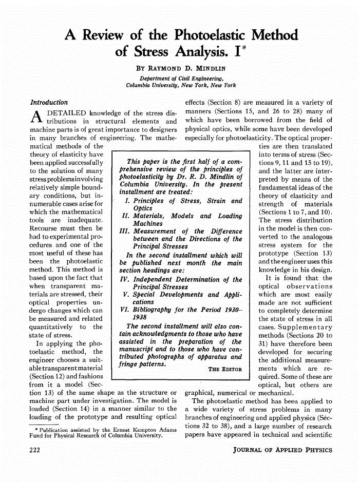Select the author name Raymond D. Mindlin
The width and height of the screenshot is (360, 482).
click(x=182, y=68)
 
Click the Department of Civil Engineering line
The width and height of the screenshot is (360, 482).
click(x=182, y=78)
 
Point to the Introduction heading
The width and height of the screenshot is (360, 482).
click(x=49, y=102)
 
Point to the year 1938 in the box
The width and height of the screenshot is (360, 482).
click(x=143, y=318)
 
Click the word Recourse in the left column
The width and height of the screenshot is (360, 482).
click(x=45, y=227)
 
